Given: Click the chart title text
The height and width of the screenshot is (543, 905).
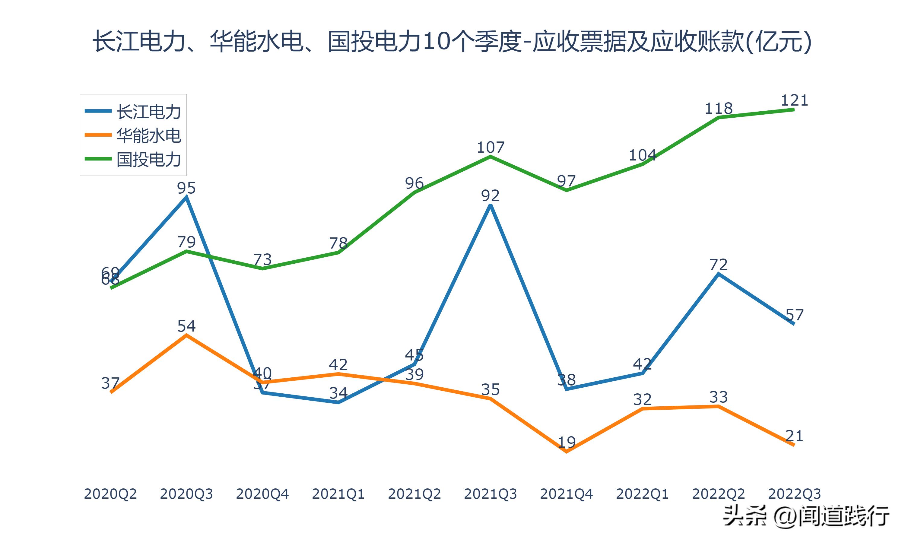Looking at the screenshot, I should pyautogui.click(x=452, y=41).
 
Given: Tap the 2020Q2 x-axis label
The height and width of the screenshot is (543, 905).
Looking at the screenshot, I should pyautogui.click(x=110, y=494).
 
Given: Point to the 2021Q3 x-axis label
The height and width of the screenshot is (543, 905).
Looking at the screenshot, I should pyautogui.click(x=490, y=494).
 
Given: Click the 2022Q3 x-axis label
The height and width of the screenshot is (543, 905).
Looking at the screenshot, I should pyautogui.click(x=794, y=494).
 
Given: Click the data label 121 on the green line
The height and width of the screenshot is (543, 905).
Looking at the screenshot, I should pyautogui.click(x=794, y=100).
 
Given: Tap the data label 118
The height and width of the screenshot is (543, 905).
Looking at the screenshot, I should pyautogui.click(x=719, y=108).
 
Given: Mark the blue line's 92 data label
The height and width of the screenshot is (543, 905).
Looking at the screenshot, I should pyautogui.click(x=490, y=196).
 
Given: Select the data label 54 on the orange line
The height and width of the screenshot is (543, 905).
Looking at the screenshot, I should pyautogui.click(x=186, y=326).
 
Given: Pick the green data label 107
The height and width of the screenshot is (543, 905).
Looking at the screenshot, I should pyautogui.click(x=490, y=148).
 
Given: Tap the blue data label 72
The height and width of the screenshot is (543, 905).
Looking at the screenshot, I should pyautogui.click(x=719, y=265).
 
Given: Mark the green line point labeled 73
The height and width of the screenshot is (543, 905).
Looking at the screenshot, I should pyautogui.click(x=262, y=268).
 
